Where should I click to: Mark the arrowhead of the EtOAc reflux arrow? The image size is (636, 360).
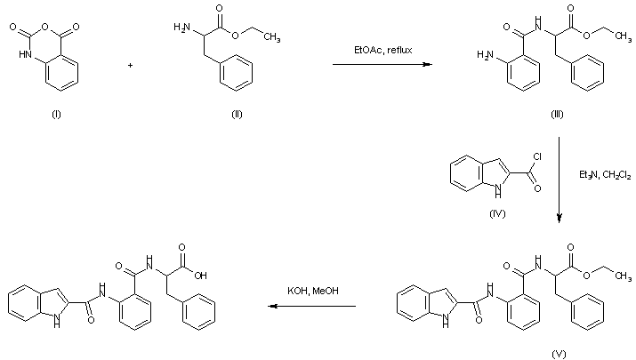[429, 65]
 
